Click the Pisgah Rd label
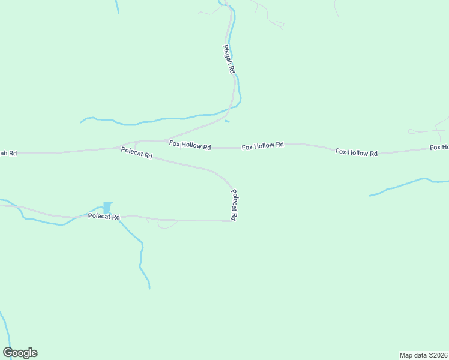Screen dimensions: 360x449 (x=229, y=59)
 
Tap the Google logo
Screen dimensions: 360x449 (x=20, y=353)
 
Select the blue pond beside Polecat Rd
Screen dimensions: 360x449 (x=107, y=208)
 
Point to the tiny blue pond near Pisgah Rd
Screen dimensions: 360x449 (x=226, y=122)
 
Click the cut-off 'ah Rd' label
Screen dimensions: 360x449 (x=8, y=153)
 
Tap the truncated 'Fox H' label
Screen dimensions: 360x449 (x=439, y=147)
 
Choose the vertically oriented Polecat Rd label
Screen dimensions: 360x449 (x=235, y=206)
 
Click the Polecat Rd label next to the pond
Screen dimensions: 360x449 (x=104, y=216)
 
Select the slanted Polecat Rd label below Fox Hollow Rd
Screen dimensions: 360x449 (x=137, y=153)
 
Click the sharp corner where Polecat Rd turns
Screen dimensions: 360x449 (x=232, y=221)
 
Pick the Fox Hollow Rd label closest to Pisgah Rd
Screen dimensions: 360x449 (x=190, y=145)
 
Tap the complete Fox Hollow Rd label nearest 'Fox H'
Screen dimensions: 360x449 (x=357, y=152)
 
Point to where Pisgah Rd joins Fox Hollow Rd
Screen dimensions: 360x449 (x=166, y=140)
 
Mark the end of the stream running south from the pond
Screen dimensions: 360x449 (x=149, y=289)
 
